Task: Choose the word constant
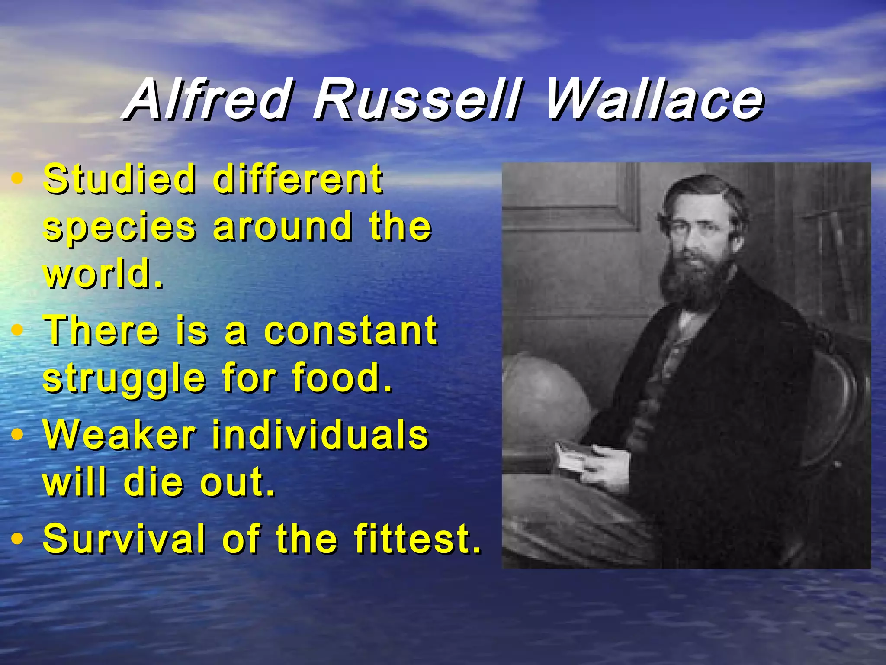click(x=350, y=331)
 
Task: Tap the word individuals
click(x=320, y=435)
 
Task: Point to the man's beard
click(x=692, y=281)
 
